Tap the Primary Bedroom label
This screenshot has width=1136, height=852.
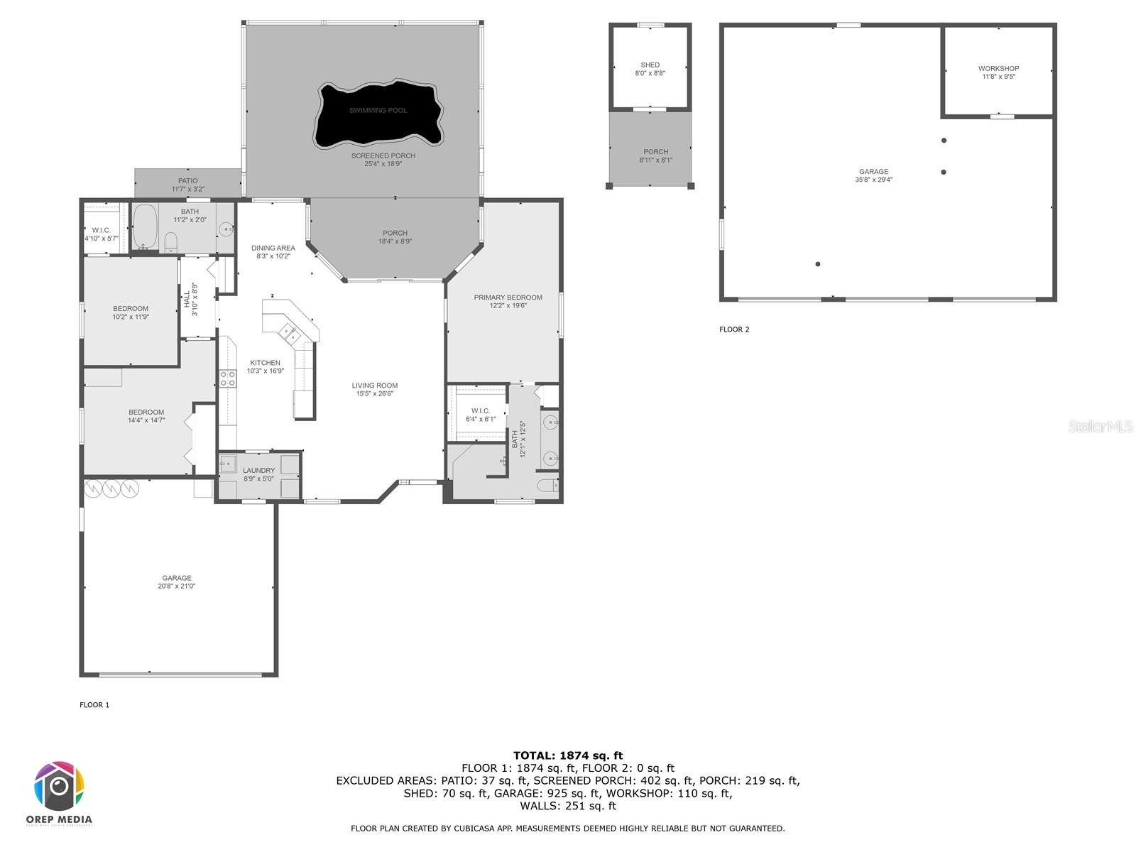[508, 297]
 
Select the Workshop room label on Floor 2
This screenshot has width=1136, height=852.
[998, 69]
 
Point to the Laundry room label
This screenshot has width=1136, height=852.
[258, 471]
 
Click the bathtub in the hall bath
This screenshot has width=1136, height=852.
[145, 226]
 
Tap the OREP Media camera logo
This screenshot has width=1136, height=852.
[60, 787]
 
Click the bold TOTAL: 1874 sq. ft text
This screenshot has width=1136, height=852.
[568, 755]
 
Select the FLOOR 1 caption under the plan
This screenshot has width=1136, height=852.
[94, 705]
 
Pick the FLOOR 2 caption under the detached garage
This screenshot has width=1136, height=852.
[734, 329]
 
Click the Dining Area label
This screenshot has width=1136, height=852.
[273, 248]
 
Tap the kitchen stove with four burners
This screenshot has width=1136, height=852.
[227, 379]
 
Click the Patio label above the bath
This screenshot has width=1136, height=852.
[187, 181]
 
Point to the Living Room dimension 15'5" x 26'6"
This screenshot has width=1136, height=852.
[375, 394]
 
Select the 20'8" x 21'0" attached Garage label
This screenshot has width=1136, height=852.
[176, 586]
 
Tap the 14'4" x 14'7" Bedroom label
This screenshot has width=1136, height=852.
[146, 416]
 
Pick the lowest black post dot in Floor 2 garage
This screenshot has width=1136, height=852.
[818, 264]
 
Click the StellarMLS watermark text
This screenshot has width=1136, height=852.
[1100, 426]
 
